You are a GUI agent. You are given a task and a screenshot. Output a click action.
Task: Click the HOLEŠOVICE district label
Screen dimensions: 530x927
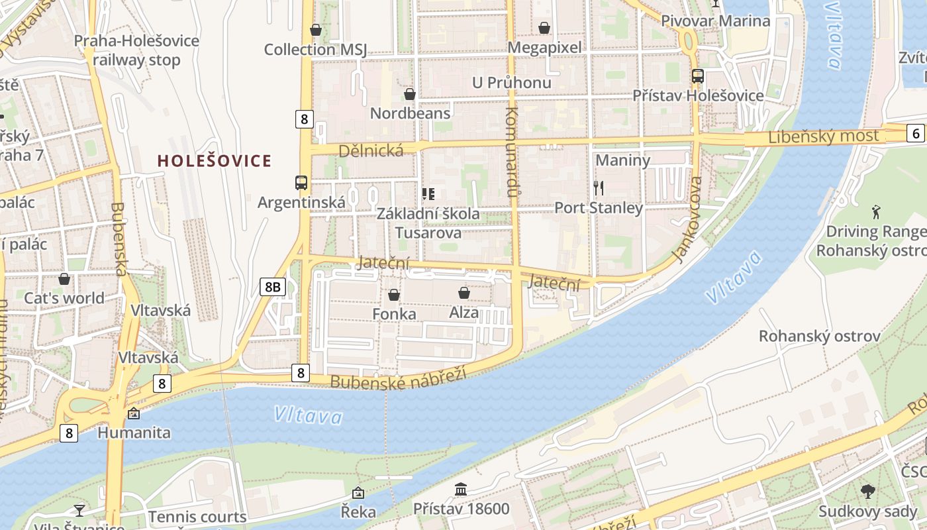coord(215,160)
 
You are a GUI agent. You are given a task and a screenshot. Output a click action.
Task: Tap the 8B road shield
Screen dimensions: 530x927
coord(272,286)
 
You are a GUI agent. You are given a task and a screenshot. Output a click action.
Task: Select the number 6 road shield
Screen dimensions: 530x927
coord(916,133)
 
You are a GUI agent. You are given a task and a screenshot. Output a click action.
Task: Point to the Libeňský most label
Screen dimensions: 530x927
coord(824,137)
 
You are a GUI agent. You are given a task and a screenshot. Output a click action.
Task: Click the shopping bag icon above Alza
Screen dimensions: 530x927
coord(464,292)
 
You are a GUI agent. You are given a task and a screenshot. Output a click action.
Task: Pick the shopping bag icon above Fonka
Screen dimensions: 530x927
coord(394,294)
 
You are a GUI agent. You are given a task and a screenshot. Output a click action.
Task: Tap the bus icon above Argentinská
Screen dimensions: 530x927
coord(301,182)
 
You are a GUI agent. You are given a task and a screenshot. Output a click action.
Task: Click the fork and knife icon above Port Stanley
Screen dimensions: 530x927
coord(599,188)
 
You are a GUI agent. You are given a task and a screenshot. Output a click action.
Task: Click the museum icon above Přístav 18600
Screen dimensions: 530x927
coord(461,490)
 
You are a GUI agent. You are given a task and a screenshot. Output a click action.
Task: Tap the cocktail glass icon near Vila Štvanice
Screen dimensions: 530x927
coord(79,509)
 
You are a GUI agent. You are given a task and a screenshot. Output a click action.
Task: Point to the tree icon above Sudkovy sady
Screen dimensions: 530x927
coord(867,492)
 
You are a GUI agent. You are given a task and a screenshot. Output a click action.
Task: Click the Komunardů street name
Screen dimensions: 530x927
coord(511,152)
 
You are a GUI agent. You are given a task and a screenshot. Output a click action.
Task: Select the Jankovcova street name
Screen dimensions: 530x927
coord(687,219)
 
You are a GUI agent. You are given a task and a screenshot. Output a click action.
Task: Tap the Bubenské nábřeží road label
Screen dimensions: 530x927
coord(398,378)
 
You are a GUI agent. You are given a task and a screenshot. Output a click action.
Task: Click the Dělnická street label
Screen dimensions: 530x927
coord(371,151)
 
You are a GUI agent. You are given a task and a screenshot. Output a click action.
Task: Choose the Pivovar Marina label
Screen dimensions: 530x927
coord(716,21)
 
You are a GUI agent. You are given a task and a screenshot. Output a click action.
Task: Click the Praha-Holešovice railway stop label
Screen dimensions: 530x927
coord(136,50)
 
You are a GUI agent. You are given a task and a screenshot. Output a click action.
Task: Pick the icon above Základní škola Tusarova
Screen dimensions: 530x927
coord(428,194)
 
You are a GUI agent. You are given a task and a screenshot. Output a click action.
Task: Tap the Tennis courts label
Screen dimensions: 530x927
coord(197,517)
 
